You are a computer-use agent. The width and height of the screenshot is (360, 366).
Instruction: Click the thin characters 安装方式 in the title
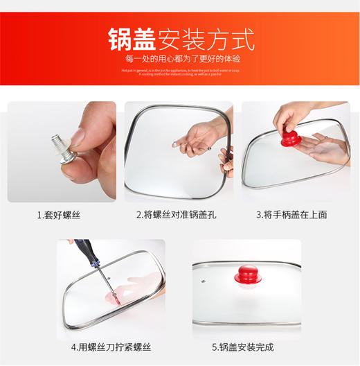206,39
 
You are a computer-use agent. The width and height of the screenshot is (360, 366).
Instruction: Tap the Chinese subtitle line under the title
179,59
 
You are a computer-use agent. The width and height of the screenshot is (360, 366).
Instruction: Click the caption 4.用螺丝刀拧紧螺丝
110,347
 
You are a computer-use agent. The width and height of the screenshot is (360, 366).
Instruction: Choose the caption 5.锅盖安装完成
246,347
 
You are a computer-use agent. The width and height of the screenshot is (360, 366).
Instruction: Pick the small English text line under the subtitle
179,71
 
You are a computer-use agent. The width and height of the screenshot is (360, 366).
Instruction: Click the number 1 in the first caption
39,215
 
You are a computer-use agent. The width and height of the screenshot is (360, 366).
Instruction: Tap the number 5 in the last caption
215,347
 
